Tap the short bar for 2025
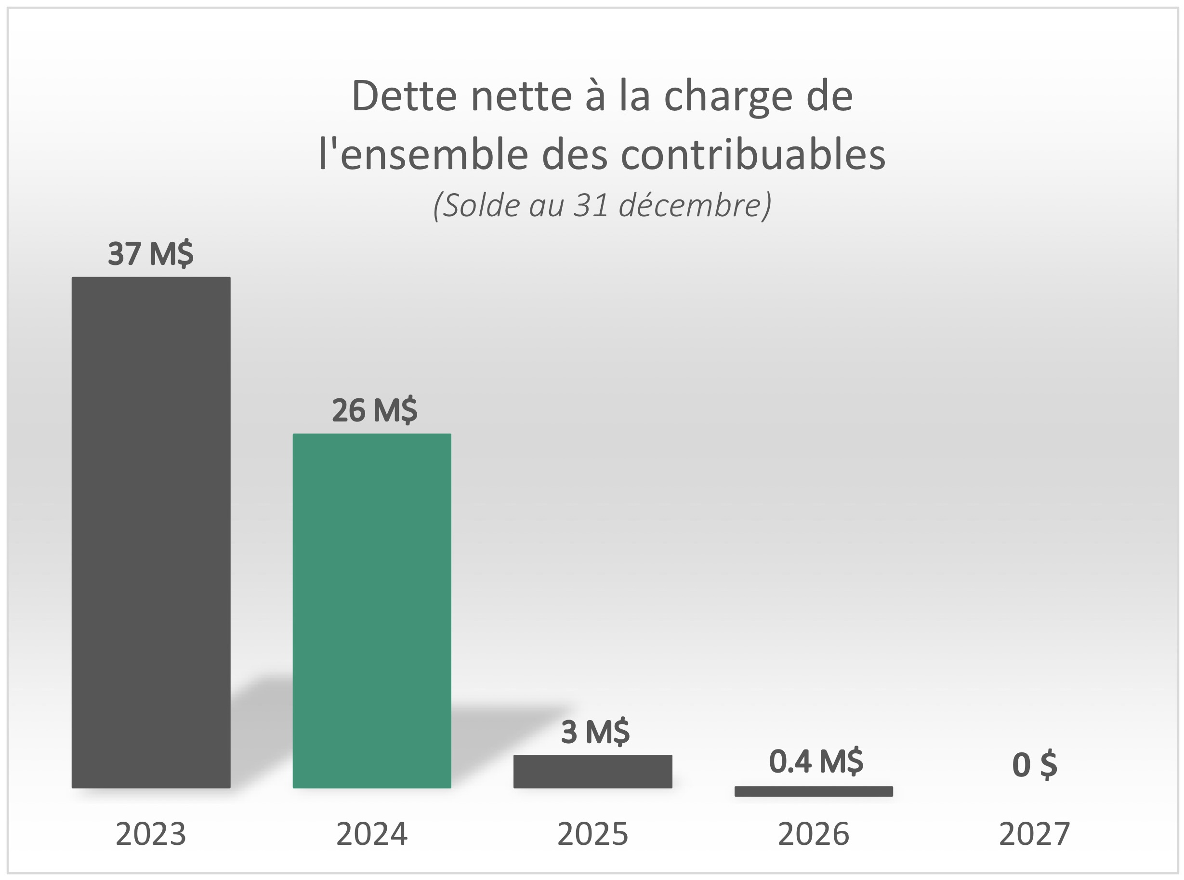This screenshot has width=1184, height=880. [592, 771]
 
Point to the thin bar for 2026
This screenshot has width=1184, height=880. [813, 791]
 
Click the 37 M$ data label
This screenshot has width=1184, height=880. [151, 253]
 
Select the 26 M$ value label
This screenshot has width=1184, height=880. [374, 410]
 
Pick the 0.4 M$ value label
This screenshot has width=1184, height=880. [816, 761]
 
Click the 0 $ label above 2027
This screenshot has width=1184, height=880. [1034, 765]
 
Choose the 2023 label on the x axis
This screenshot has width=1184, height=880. [151, 834]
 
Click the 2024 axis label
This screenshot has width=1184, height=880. [372, 834]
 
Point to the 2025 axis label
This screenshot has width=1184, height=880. [592, 834]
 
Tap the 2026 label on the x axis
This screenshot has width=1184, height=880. [813, 834]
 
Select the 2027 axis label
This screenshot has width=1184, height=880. [1034, 834]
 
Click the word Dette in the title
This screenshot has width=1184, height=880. [404, 96]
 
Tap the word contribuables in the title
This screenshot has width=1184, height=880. [752, 155]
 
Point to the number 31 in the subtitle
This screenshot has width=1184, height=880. [591, 205]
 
